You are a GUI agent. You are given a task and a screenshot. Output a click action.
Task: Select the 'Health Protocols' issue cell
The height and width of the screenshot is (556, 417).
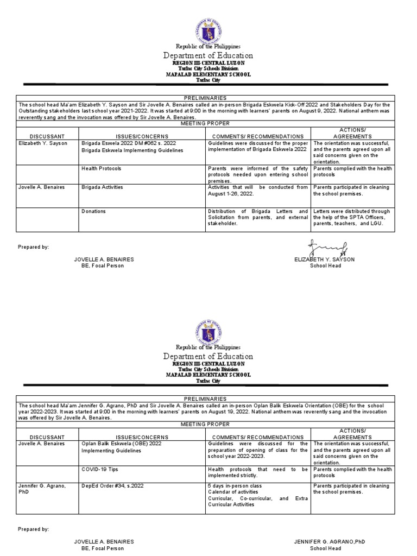(101, 169)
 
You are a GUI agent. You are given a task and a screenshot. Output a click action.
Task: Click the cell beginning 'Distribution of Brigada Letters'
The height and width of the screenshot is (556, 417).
(257, 217)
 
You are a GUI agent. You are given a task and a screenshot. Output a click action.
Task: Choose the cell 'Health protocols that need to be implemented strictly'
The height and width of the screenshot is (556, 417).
(257, 472)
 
